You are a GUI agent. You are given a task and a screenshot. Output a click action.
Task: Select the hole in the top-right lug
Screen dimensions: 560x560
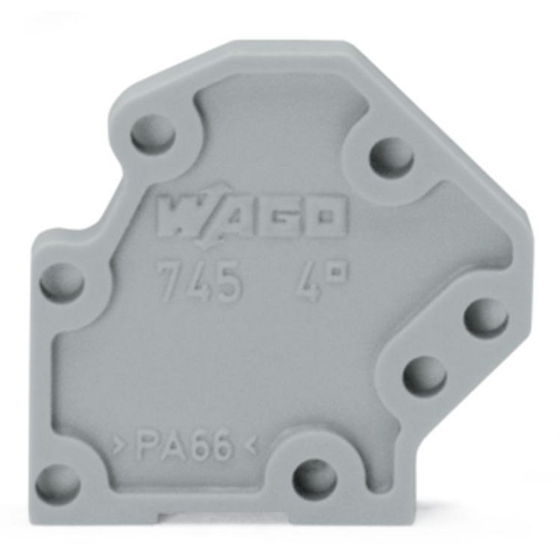391,156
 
